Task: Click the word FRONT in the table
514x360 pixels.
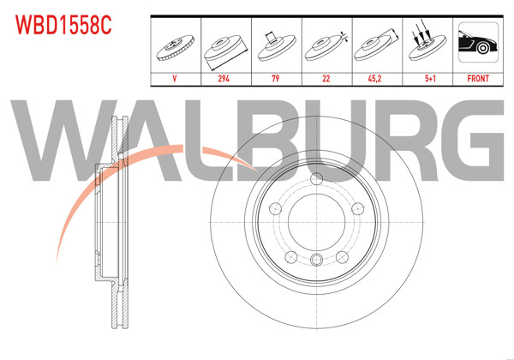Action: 477,78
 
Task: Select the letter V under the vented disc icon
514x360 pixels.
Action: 176,78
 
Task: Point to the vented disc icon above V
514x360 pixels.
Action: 176,46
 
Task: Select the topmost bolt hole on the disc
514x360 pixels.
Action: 315,179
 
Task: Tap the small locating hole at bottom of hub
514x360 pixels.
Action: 315,261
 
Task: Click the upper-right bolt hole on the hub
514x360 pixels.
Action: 355,208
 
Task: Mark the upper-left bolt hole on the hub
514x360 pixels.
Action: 276,208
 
